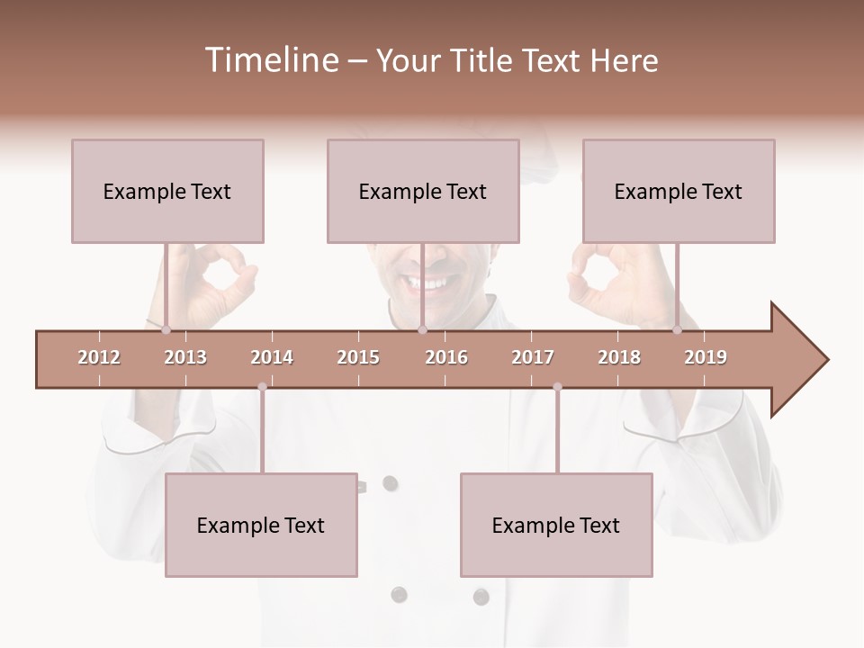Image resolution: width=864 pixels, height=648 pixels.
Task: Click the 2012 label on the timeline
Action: point(99,357)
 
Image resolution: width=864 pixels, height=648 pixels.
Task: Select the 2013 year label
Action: point(185,357)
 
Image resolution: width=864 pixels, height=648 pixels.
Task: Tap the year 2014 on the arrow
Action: point(272,357)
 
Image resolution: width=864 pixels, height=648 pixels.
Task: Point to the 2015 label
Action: point(358,357)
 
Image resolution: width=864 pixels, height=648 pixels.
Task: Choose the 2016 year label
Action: point(446,357)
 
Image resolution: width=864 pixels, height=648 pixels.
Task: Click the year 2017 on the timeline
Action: point(533,357)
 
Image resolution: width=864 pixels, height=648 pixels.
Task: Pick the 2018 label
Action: point(619,357)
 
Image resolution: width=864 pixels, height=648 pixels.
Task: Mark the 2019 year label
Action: point(706,357)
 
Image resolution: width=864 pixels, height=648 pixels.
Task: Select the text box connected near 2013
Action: point(167,192)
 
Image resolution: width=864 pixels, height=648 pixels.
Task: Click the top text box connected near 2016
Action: point(423,192)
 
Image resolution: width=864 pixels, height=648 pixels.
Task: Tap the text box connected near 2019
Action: point(679,192)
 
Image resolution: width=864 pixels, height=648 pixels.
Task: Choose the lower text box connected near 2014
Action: point(261,526)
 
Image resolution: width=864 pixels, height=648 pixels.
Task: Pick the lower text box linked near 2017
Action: point(556,526)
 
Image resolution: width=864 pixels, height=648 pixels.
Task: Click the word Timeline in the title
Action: point(270,60)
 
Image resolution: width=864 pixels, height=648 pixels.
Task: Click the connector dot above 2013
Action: point(166,330)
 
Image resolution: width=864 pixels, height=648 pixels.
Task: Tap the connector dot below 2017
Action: point(557,387)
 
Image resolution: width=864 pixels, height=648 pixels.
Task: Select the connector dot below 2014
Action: point(262,387)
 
